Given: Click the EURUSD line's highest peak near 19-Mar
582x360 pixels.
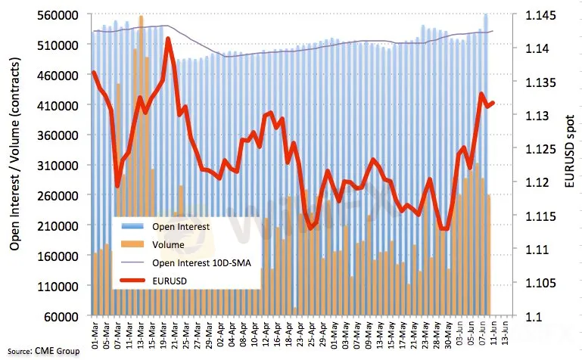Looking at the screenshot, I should pos(167,39).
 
